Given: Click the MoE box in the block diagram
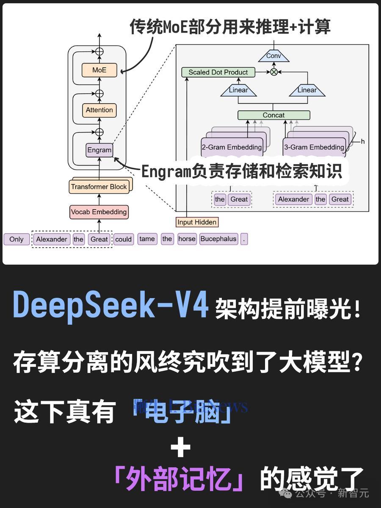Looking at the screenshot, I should click(99, 70).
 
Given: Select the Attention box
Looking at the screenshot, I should click(99, 110).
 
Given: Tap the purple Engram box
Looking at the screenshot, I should click(99, 150).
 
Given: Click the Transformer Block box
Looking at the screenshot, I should click(99, 187).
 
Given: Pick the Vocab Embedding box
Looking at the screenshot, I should click(99, 212).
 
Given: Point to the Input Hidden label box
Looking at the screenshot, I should click(197, 222).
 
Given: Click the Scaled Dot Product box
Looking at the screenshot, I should click(218, 72).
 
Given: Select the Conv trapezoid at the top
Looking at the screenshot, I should click(273, 56).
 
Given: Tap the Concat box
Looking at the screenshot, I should click(273, 115).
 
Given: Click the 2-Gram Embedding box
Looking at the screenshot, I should click(232, 147).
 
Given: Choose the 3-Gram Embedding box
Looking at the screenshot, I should click(314, 147).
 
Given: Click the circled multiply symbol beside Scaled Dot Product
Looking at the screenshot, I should click(274, 72).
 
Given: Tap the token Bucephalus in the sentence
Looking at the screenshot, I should click(218, 239).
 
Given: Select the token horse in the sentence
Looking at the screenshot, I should click(187, 239).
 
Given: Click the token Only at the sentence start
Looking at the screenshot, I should click(17, 239).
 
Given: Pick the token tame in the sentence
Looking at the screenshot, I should click(147, 239).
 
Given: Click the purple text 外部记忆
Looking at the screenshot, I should click(179, 478).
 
